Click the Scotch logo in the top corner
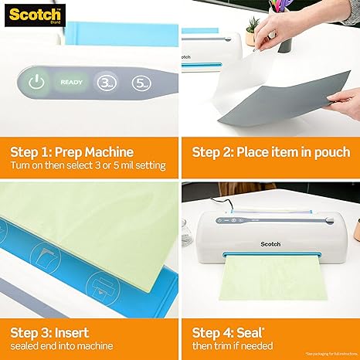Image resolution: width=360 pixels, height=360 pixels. (x=24, y=12)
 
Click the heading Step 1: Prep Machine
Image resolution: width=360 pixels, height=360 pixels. (x=76, y=151)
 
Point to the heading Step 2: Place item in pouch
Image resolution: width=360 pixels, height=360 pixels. (x=270, y=151)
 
